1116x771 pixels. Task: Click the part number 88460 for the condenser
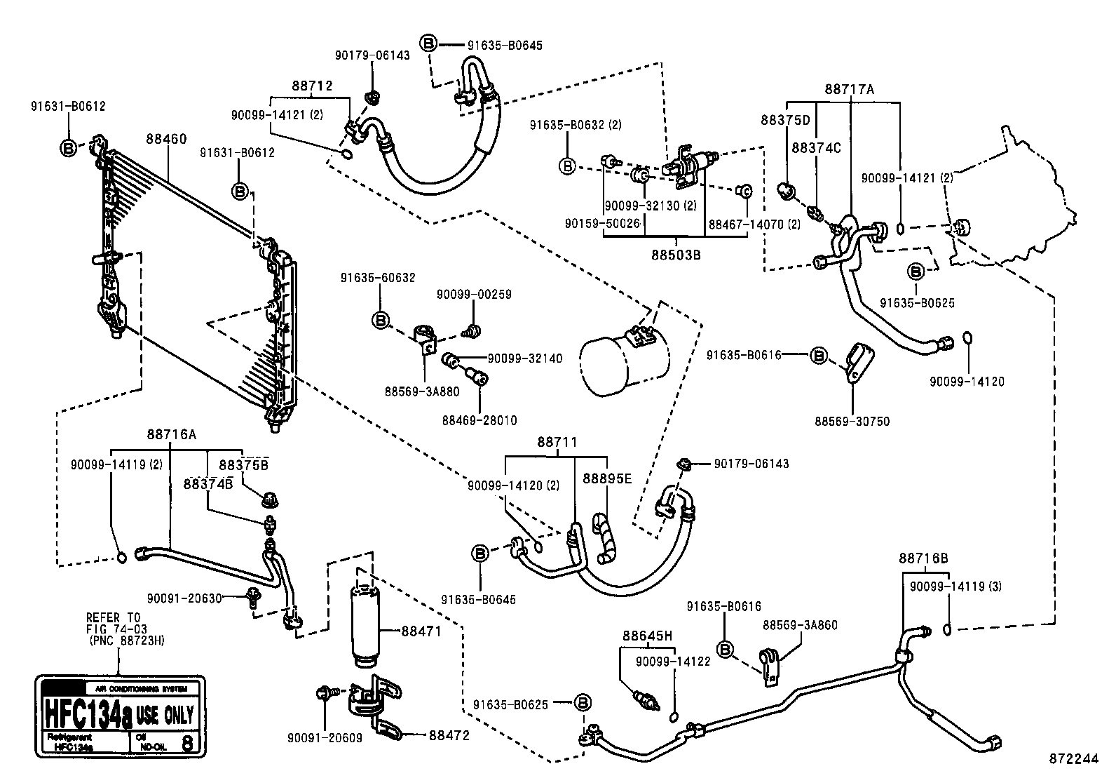click(x=166, y=139)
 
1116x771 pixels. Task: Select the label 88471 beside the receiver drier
click(x=421, y=631)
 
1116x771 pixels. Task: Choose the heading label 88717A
click(x=849, y=89)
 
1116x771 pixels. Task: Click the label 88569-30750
click(x=852, y=422)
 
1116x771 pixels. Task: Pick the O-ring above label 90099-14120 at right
click(x=967, y=338)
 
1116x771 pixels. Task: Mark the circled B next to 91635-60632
click(x=380, y=321)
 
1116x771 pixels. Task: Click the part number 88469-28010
click(x=479, y=420)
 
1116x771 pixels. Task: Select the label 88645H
click(x=647, y=636)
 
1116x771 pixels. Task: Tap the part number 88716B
click(x=923, y=558)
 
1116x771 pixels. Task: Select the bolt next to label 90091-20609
click(x=326, y=692)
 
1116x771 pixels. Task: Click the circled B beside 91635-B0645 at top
click(x=429, y=44)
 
